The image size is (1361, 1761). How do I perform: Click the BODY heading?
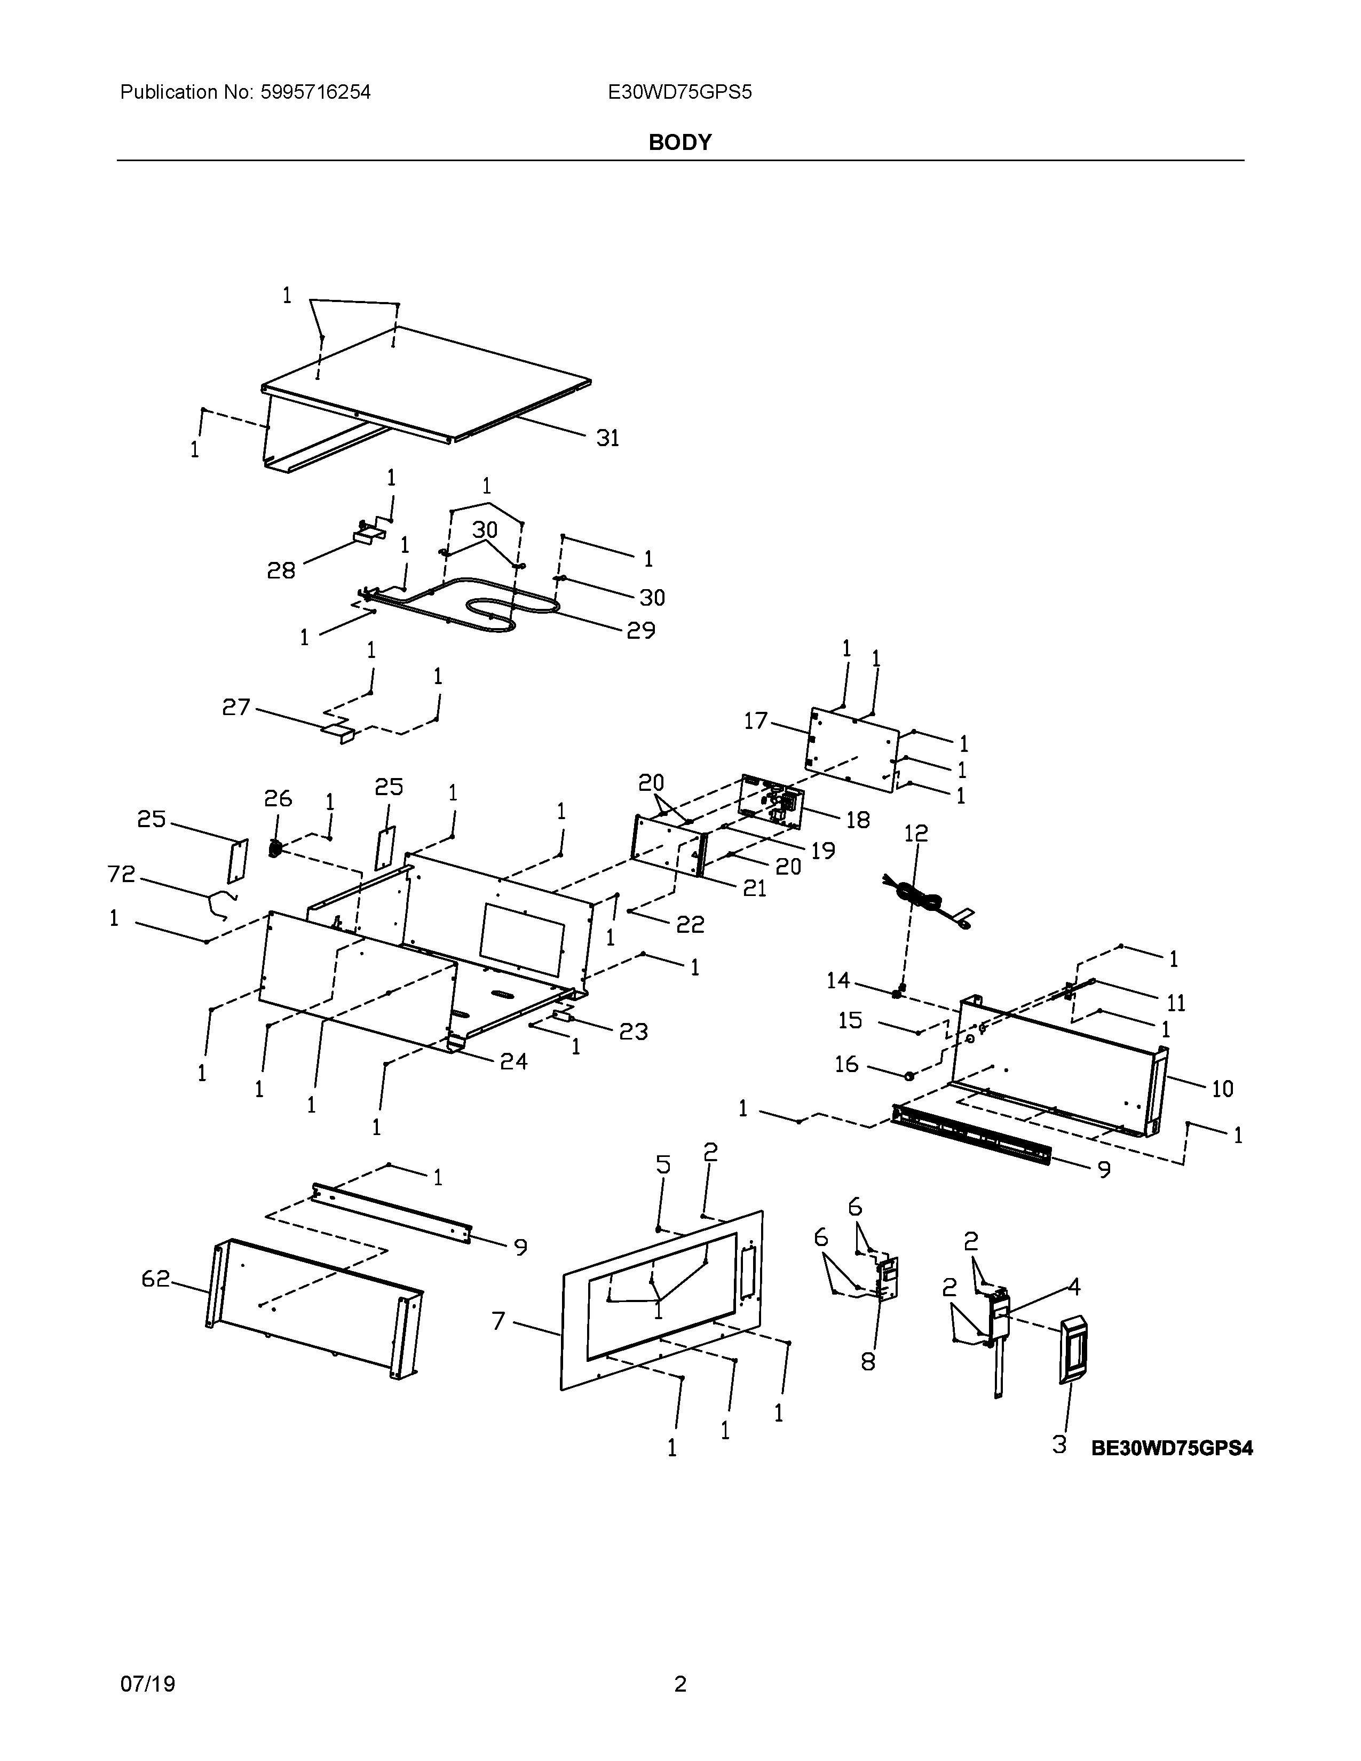click(679, 142)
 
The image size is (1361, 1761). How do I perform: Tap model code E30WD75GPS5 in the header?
click(679, 93)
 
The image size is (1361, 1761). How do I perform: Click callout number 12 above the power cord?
click(916, 833)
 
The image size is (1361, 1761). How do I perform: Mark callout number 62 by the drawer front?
click(156, 1278)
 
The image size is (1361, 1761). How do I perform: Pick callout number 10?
click(1222, 1089)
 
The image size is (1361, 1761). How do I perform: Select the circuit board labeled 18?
click(770, 800)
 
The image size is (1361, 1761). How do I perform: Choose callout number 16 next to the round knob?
click(846, 1065)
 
